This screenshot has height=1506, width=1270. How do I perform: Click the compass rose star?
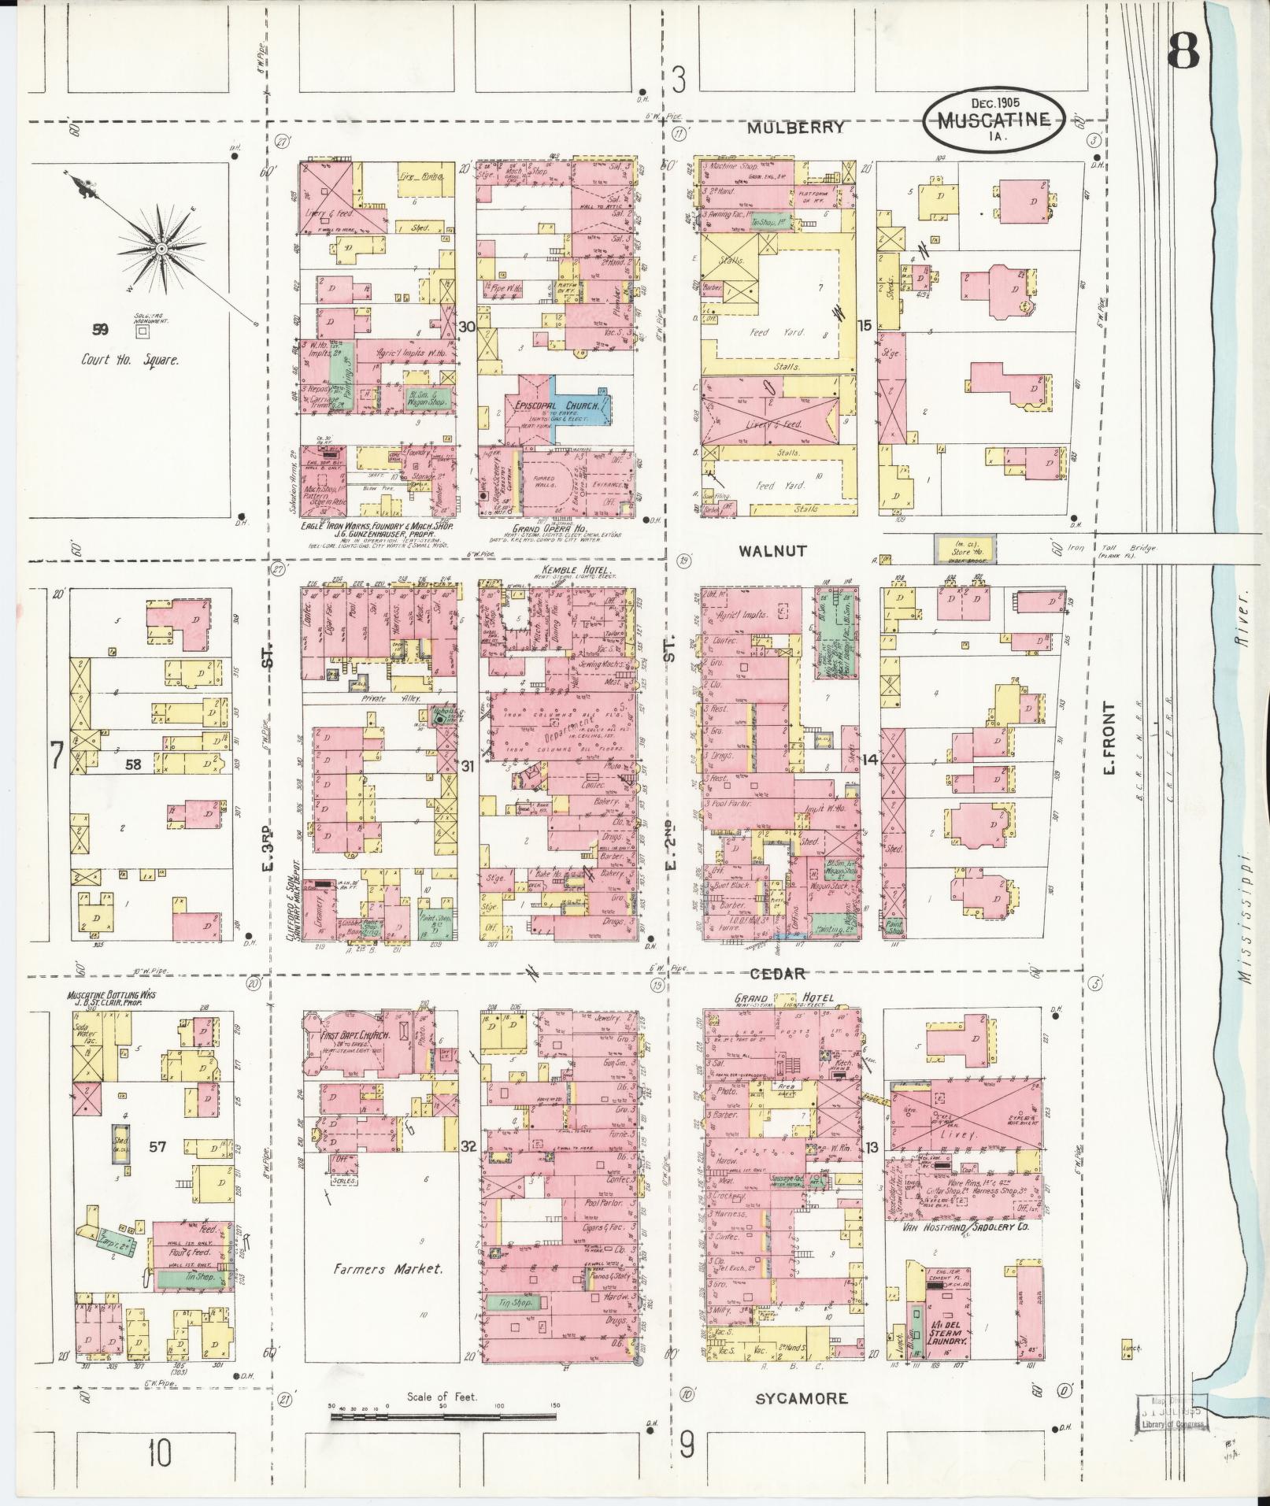click(161, 248)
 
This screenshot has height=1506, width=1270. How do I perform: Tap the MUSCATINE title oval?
click(994, 120)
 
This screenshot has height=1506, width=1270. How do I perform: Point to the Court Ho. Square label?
click(131, 360)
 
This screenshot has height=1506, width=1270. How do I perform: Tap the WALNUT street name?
click(772, 551)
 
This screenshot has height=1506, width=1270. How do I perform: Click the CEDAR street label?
click(777, 974)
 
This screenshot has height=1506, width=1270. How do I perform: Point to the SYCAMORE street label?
click(802, 1398)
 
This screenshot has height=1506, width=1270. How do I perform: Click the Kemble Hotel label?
click(566, 568)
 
